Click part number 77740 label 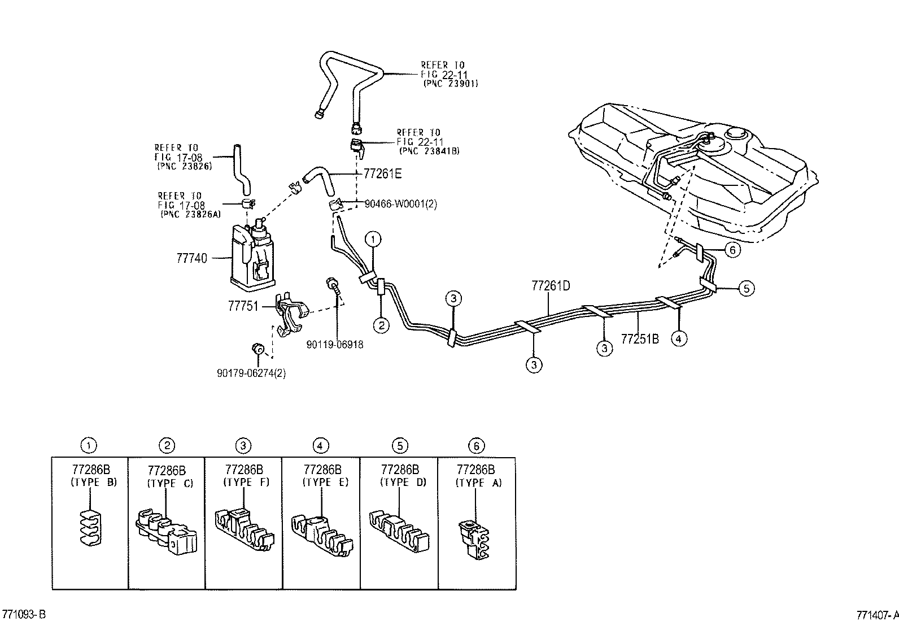(x=191, y=258)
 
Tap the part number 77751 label (x=243, y=306)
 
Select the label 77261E (x=382, y=174)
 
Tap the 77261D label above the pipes (x=550, y=286)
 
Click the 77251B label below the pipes (x=640, y=339)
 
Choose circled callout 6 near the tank (x=732, y=250)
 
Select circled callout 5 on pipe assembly (x=746, y=289)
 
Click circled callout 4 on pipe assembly (x=679, y=338)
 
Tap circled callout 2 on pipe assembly (x=381, y=325)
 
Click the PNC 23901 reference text (x=451, y=83)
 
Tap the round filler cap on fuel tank (x=737, y=134)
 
